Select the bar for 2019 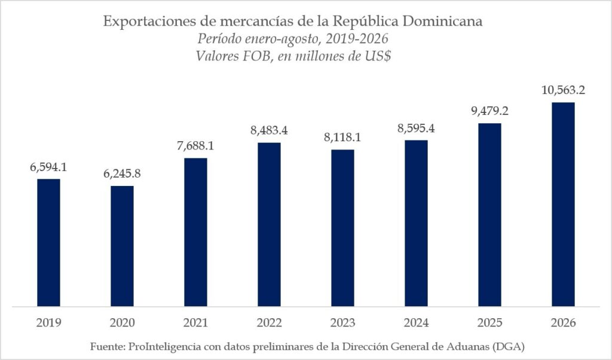coord(49,242)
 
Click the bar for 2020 coord(122,246)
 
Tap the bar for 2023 coord(342,228)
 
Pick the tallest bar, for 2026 coord(563,204)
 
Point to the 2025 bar coord(490,215)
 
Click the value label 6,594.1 coord(48,167)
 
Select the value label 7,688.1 coord(195,146)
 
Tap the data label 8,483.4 coord(269,130)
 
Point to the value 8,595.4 coord(416,128)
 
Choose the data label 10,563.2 coord(563,90)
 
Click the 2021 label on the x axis coord(195,323)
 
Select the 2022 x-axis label coord(269,323)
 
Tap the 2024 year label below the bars coord(416,323)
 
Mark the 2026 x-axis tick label coord(563,323)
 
